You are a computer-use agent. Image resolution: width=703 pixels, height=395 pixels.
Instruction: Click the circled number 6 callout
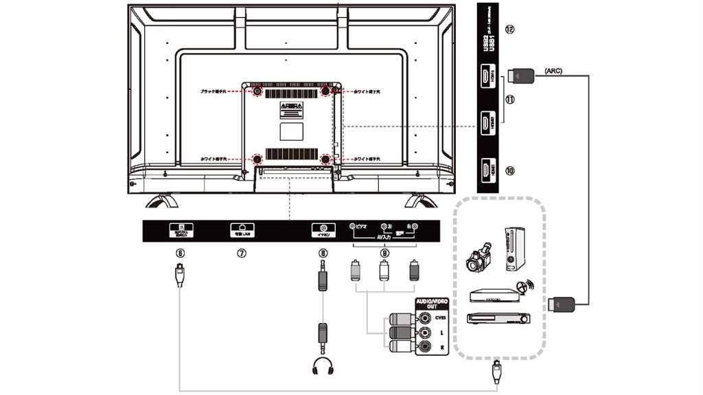180,252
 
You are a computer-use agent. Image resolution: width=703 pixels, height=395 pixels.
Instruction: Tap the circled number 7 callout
241,252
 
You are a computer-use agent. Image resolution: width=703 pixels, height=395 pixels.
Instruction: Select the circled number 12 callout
509,30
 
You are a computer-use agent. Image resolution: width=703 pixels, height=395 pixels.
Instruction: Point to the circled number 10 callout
509,170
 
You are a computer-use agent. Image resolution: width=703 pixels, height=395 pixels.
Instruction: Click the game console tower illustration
516,249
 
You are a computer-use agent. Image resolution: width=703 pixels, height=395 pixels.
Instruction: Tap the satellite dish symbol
525,286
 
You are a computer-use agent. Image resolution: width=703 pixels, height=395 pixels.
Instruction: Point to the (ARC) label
553,71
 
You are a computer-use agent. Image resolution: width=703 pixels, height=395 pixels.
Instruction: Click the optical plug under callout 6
180,274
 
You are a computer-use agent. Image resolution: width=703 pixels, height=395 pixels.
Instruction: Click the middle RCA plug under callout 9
384,269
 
